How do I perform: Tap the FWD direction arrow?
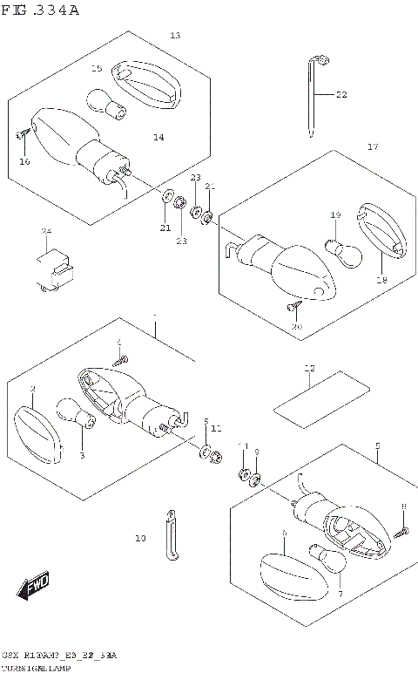(35, 587)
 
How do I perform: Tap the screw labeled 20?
(293, 307)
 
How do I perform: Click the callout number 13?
(174, 36)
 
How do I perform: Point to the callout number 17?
(372, 146)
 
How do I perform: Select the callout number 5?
(377, 445)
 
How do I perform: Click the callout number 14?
(158, 137)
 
